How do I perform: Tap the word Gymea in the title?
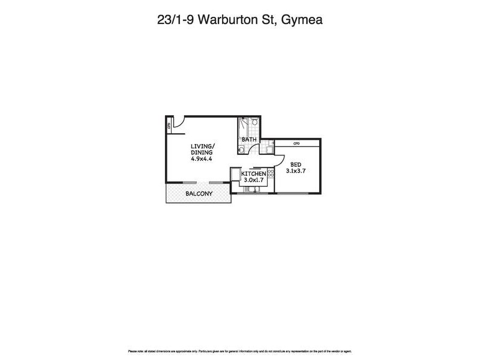303,20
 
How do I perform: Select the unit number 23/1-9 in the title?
172,20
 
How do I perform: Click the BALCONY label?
197,194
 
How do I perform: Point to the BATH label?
249,140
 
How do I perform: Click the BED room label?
296,165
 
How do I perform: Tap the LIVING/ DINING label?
202,149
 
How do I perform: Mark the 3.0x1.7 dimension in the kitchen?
253,180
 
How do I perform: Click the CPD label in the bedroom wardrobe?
296,143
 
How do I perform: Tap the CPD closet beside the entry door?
169,125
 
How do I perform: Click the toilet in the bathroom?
256,123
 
